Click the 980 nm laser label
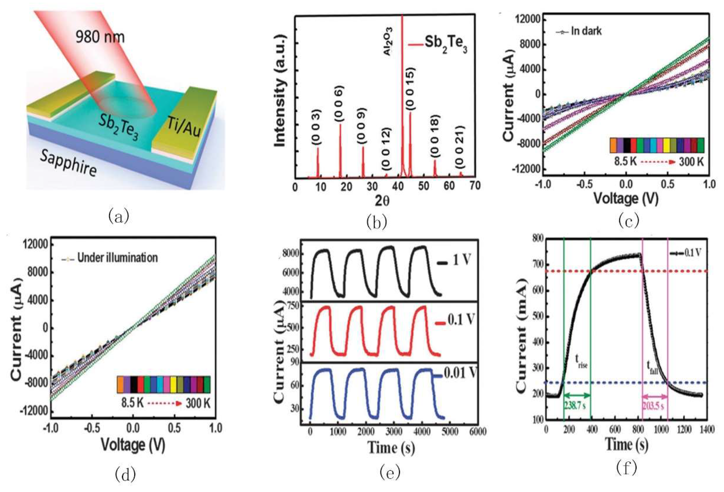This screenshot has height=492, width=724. click(100, 37)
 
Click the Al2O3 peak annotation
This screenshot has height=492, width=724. click(387, 41)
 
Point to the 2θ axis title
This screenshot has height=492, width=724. click(382, 201)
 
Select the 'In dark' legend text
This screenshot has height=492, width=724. click(586, 31)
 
